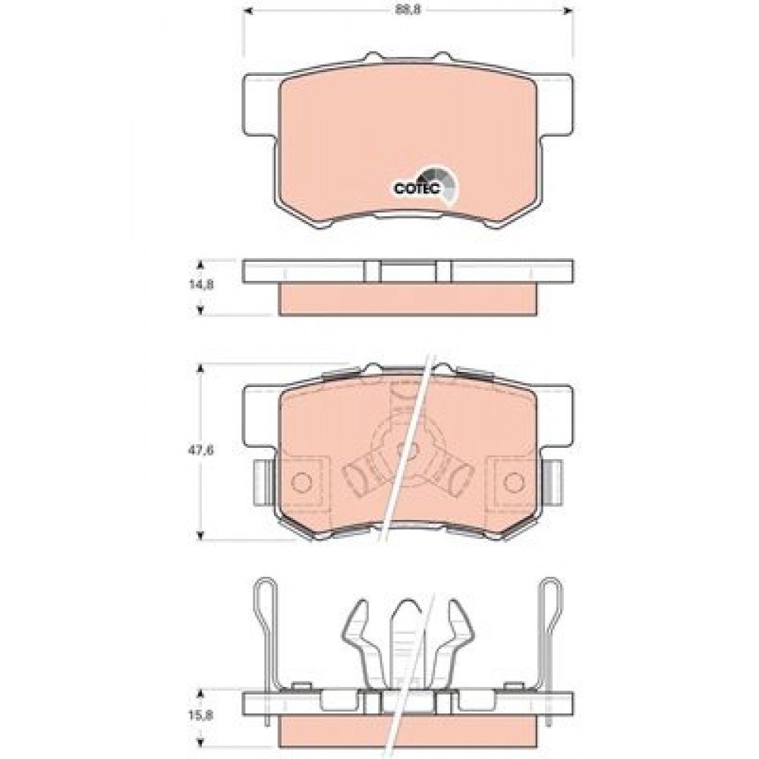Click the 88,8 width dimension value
(408, 11)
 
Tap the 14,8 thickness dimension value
(201, 285)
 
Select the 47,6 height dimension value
(201, 450)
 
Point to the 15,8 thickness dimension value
(201, 714)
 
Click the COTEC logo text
(416, 189)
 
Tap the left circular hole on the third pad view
(301, 482)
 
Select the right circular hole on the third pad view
(513, 482)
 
